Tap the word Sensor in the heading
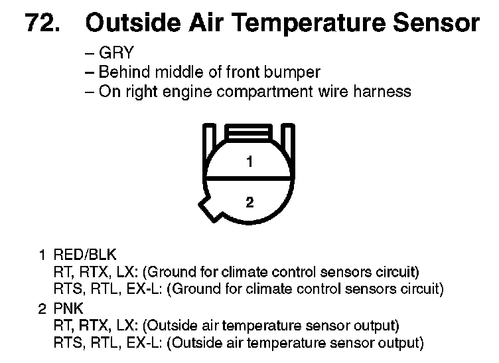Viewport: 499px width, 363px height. [x=437, y=23]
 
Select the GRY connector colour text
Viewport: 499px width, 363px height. [x=117, y=53]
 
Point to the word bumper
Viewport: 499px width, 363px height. [x=292, y=72]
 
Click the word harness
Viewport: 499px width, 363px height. [x=382, y=91]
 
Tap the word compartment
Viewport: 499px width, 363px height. [x=265, y=92]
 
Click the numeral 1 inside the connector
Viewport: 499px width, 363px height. [x=249, y=162]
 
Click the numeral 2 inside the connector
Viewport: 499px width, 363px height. [x=249, y=202]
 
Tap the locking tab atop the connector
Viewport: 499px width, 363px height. [x=249, y=132]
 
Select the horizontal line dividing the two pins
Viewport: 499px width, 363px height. [x=249, y=177]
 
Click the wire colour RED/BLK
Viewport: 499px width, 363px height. [x=85, y=255]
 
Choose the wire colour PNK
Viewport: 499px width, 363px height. [x=68, y=308]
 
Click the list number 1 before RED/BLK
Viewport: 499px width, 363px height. [x=42, y=255]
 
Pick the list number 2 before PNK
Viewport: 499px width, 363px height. [x=42, y=309]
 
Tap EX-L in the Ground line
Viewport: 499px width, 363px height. [x=145, y=289]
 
